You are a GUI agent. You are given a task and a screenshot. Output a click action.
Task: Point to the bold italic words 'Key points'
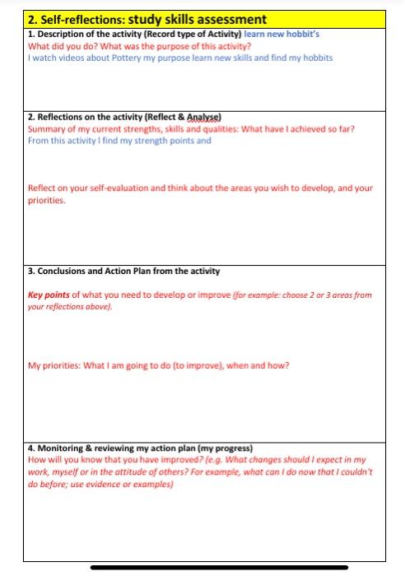[49, 294]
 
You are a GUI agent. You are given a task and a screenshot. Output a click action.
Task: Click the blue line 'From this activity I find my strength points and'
[119, 141]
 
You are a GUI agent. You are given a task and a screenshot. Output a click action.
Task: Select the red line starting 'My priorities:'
[158, 365]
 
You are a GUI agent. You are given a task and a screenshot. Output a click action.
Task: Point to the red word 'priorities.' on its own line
[46, 199]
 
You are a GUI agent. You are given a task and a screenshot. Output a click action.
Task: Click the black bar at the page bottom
[219, 567]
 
